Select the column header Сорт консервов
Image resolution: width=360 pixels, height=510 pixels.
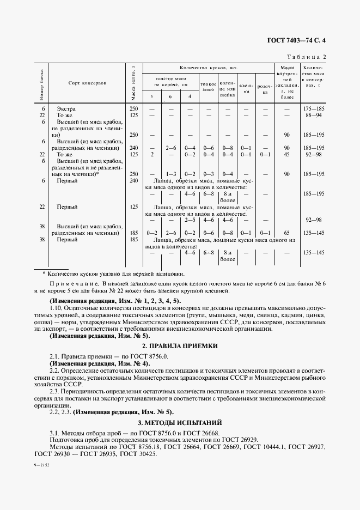click(87, 83)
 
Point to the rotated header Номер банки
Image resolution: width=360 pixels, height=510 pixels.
click(42, 83)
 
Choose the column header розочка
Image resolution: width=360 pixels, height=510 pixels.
click(265, 89)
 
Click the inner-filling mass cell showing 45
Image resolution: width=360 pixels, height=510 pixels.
click(287, 154)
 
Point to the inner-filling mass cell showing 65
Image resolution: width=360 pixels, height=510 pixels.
click(287, 233)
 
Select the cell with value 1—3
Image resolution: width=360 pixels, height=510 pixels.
click(170, 174)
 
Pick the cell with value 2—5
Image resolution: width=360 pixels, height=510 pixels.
click(190, 220)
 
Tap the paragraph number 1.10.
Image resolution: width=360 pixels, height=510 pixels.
click(57, 308)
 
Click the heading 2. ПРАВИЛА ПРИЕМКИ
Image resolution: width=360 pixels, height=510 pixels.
click(180, 346)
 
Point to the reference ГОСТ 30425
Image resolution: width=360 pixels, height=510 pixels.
click(137, 454)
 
